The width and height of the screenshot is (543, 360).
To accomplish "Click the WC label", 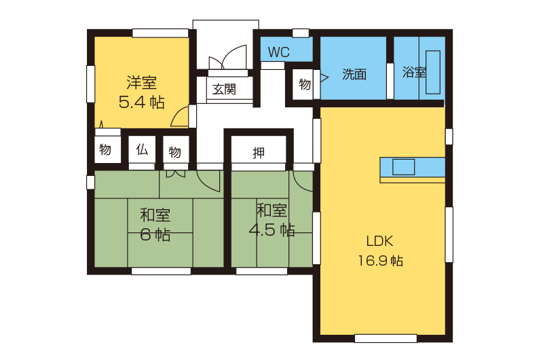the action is coord(278,52).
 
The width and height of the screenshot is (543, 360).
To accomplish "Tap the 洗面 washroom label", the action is coord(354,74).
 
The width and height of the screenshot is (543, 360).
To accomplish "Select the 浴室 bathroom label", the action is coord(414,72).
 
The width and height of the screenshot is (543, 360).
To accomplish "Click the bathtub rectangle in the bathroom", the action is coord(433,72).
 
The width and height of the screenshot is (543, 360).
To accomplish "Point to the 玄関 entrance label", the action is coord(224,90).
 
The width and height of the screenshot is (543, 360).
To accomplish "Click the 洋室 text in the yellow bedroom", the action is coord(141,82).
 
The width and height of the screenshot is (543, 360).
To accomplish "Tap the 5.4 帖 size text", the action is coord(141,102).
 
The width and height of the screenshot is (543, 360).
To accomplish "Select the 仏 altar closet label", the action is coord(142,149).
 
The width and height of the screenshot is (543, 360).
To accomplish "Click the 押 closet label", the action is coord(259,152).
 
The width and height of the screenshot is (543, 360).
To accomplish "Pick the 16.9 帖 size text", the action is coord(380,261).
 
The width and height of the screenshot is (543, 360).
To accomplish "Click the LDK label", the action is coord(379,241).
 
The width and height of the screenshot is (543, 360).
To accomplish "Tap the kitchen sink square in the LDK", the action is coord(403,167).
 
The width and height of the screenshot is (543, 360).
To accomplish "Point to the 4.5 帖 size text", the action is coord(272,230).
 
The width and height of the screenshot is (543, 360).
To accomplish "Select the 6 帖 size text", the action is coord(155,234).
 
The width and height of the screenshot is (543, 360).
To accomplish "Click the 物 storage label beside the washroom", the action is coord(304,84).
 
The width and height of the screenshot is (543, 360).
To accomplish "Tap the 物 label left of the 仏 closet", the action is coord(105,149).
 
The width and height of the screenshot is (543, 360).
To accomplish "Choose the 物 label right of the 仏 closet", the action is coord(174,151).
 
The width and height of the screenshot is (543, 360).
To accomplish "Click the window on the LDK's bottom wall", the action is coord(386,338).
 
